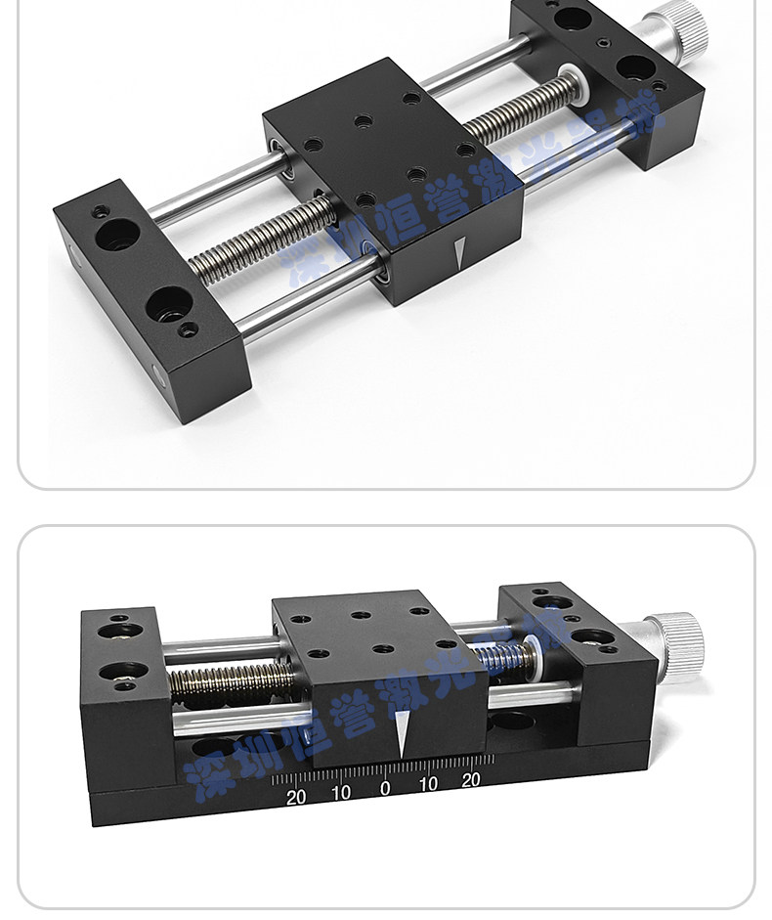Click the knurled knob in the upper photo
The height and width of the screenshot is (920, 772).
coord(682,24)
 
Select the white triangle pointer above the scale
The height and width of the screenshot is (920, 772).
coord(402,734)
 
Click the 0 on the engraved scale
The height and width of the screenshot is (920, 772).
coord(385,788)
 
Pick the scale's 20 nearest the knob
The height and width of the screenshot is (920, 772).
coord(470,780)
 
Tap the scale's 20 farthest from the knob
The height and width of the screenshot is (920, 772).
coord(296,797)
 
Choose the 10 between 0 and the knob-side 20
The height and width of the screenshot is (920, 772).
coord(428,784)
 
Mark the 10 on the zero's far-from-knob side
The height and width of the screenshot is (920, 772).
coord(341,793)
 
